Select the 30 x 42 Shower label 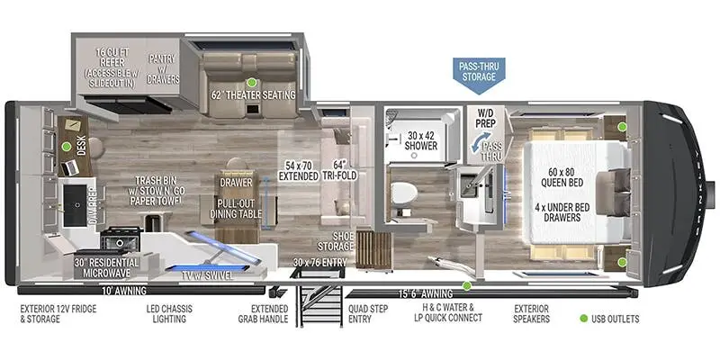click(421, 140)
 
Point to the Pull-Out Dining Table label click(236, 209)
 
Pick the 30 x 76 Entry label click(320, 263)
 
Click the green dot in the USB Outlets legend click(584, 319)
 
